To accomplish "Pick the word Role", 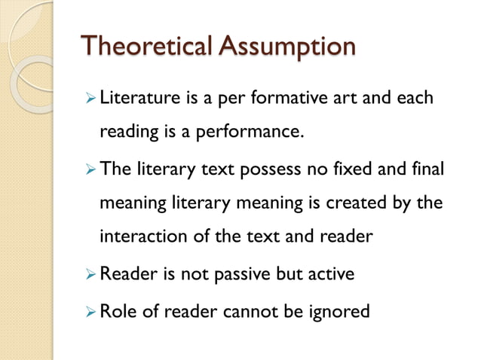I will tap(117, 309).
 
